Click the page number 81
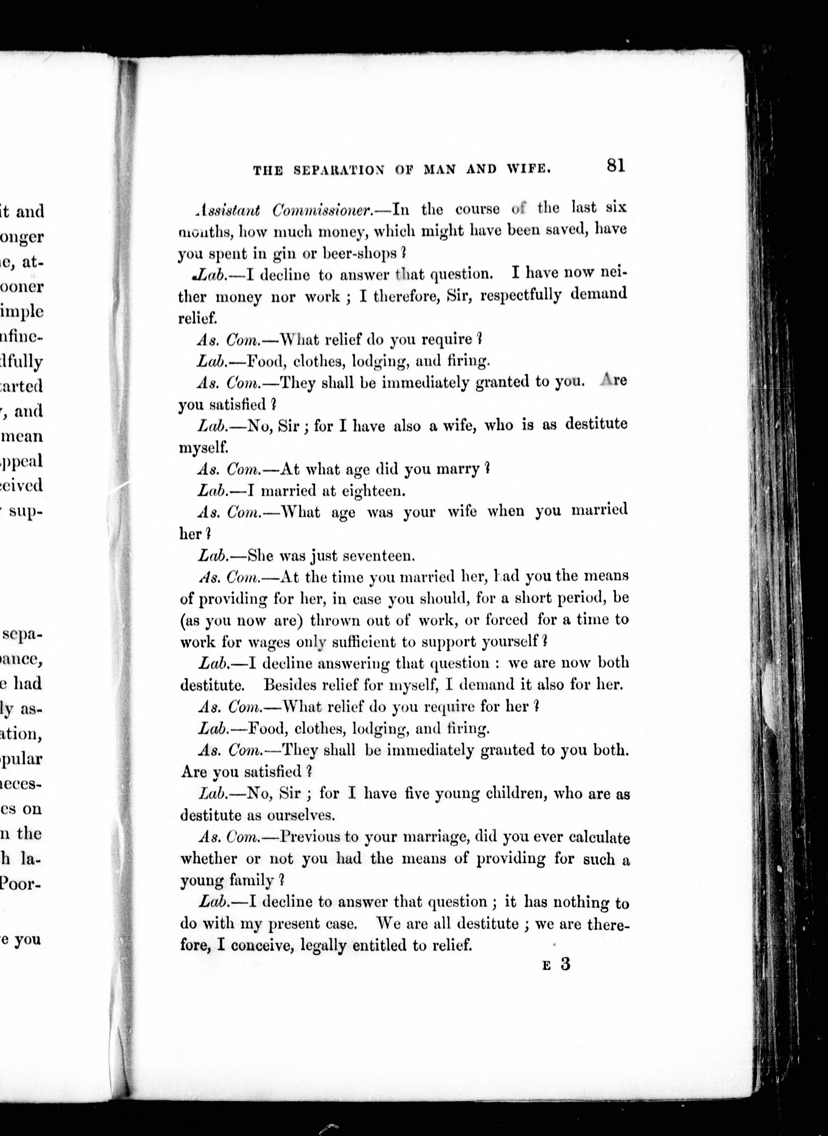tap(616, 166)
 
